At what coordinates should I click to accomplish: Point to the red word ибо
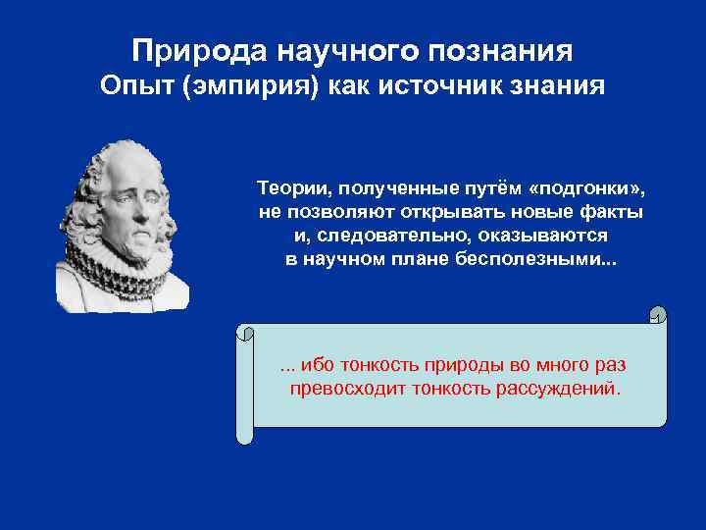pyautogui.click(x=317, y=365)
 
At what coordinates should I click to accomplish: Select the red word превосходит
pyautogui.click(x=341, y=389)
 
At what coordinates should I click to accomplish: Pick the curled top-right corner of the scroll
pyautogui.click(x=658, y=315)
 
